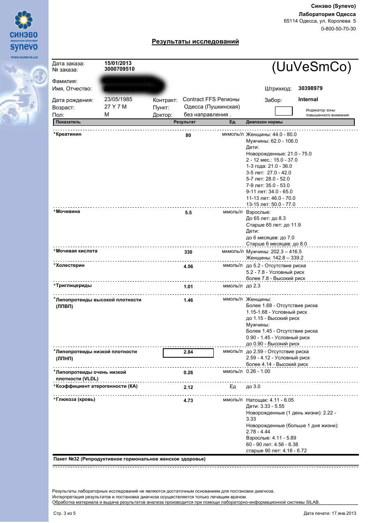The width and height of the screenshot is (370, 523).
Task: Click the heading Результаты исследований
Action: coord(195,42)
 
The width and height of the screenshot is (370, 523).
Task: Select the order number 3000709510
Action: coord(119,69)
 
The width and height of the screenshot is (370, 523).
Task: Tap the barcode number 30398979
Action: coord(310,88)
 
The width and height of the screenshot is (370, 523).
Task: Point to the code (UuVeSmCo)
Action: coord(312,67)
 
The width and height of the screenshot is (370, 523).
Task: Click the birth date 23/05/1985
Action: coord(118,100)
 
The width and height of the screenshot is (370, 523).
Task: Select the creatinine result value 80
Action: coord(188,135)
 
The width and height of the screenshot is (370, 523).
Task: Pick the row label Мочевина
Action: coord(68,212)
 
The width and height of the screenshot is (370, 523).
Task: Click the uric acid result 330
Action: coord(188,252)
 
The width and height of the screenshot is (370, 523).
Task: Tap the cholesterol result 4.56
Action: coord(188,266)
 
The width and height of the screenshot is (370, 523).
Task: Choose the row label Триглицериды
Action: coord(74,285)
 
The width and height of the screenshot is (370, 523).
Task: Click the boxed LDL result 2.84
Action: coord(188,352)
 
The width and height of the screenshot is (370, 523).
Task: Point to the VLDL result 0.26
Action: coord(188,373)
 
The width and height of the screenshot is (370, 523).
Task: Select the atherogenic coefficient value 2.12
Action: coord(188,387)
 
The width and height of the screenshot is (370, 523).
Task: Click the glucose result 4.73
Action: coord(188,400)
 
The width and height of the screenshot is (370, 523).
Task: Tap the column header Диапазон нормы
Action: coord(264,122)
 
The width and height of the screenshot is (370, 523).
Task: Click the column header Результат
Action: coord(185,122)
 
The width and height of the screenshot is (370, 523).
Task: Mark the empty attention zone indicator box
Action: coord(284,111)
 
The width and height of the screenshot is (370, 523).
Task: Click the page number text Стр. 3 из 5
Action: coord(65,513)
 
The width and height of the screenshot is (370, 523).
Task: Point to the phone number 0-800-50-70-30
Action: coord(338,29)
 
